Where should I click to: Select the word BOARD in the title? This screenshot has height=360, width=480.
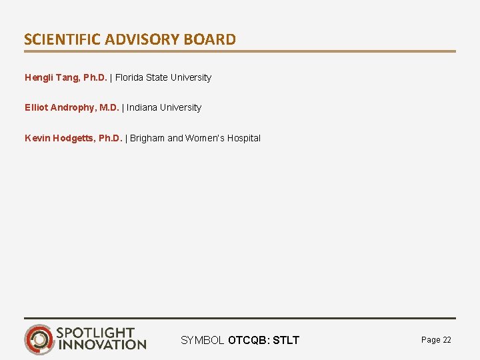tap(211, 39)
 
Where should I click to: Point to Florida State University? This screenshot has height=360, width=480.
tap(163, 77)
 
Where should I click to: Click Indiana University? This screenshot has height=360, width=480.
tap(164, 107)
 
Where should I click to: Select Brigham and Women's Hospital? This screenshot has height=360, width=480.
tap(195, 138)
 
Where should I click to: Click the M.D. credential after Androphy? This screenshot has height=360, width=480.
tap(109, 107)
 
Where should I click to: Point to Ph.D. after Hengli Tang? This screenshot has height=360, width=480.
tap(95, 77)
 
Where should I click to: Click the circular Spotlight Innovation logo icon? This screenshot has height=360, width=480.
tap(39, 339)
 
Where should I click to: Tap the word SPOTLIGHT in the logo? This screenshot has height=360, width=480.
tap(96, 332)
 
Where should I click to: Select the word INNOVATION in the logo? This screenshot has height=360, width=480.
tap(102, 345)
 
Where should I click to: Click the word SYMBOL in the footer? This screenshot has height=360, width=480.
tap(203, 341)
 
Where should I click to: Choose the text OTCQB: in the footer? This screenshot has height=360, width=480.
tap(249, 341)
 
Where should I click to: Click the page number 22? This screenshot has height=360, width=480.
tap(447, 340)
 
